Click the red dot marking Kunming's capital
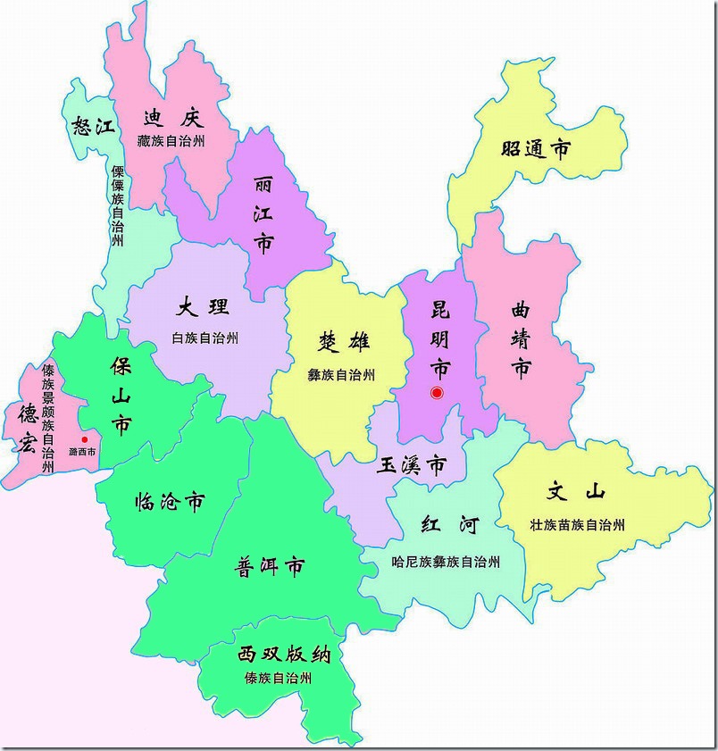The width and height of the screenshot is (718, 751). click(x=437, y=392)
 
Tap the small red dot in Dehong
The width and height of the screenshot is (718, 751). click(x=85, y=439)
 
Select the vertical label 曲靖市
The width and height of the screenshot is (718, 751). click(x=521, y=339)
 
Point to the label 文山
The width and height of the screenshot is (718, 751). click(x=576, y=492)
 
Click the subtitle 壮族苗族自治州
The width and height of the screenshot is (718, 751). click(x=576, y=524)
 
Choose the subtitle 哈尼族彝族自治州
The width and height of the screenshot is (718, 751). click(x=446, y=562)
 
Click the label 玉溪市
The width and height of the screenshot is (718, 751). click(x=412, y=465)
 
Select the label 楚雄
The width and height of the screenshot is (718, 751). click(x=344, y=342)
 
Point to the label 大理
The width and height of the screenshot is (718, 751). click(x=204, y=308)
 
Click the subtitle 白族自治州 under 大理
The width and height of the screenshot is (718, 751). click(x=205, y=338)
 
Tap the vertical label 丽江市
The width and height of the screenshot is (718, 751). click(x=263, y=214)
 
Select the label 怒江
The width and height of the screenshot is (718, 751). click(x=93, y=125)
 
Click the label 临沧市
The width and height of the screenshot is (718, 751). click(x=169, y=502)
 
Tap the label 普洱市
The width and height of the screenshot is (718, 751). click(x=269, y=566)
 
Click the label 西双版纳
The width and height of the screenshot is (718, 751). click(x=284, y=655)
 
